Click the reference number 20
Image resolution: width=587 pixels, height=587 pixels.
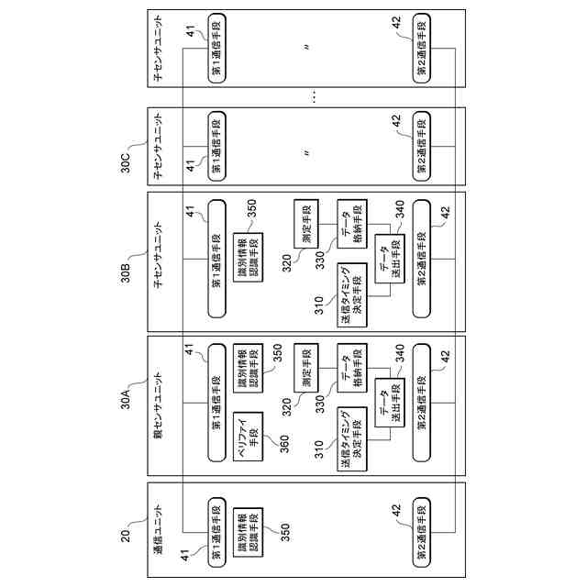(127, 529)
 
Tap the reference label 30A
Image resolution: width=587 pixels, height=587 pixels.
(127, 401)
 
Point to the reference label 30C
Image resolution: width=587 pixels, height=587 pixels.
(127, 160)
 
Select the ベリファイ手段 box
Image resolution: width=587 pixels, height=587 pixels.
(246, 436)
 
